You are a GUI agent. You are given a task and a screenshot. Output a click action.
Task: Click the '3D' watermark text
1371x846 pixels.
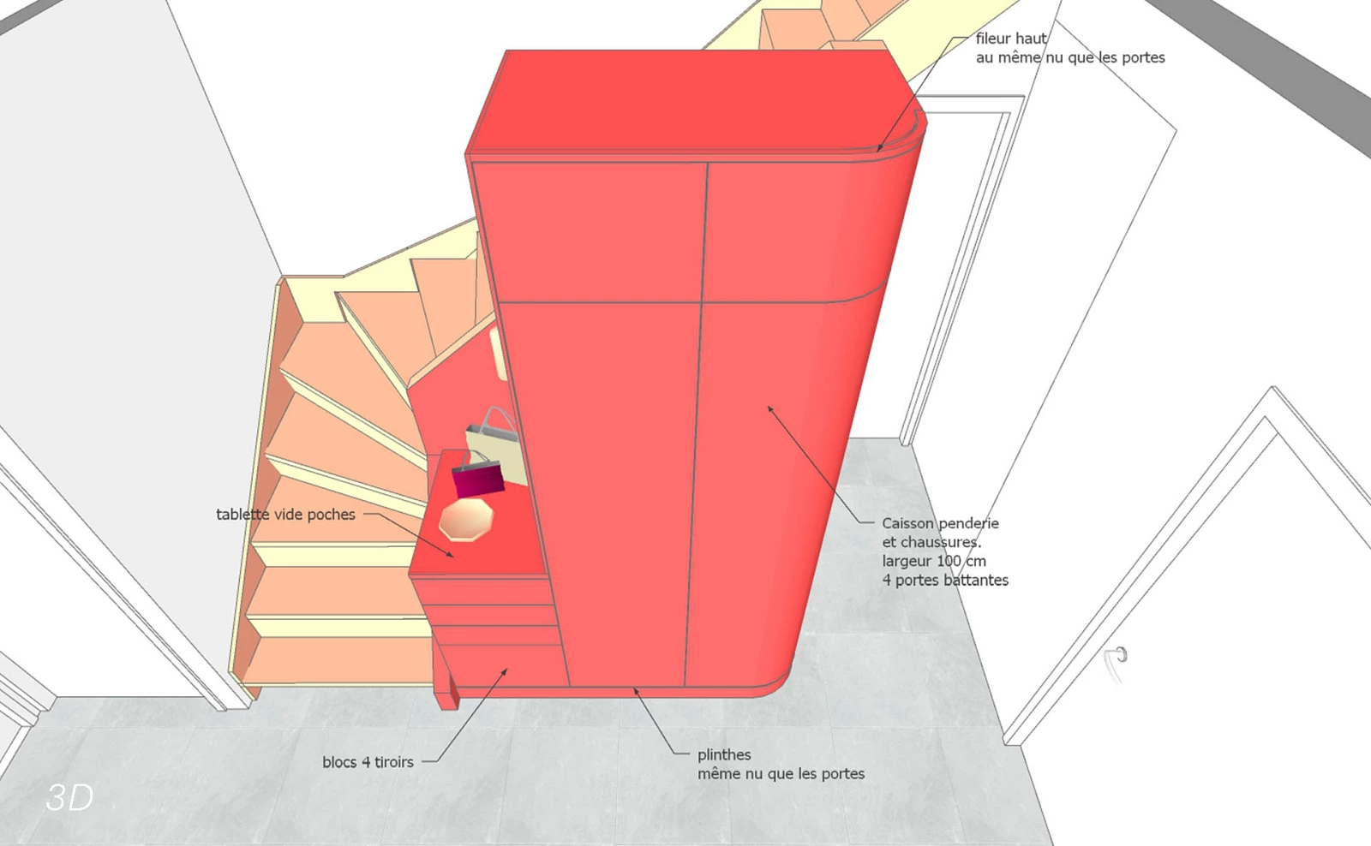point(69,797)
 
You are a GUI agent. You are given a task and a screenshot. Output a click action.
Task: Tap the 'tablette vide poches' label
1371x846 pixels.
point(285,515)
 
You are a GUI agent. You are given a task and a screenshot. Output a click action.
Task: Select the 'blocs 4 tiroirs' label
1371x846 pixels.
point(368,762)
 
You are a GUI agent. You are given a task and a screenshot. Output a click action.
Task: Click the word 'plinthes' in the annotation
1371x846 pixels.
point(724,755)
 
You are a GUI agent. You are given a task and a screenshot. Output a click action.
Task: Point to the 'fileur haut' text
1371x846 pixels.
point(1011,39)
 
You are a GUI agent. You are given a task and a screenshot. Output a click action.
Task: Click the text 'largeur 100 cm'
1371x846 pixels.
point(934,561)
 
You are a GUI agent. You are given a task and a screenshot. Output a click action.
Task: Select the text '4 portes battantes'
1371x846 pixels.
point(945,580)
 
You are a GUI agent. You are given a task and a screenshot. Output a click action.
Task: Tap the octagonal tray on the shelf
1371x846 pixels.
point(466,520)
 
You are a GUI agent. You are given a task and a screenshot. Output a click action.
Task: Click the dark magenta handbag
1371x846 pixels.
point(478,478)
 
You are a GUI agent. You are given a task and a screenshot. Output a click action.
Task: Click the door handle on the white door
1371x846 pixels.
point(1117,661)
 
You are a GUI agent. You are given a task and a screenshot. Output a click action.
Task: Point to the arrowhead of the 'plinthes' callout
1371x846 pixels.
point(636,691)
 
